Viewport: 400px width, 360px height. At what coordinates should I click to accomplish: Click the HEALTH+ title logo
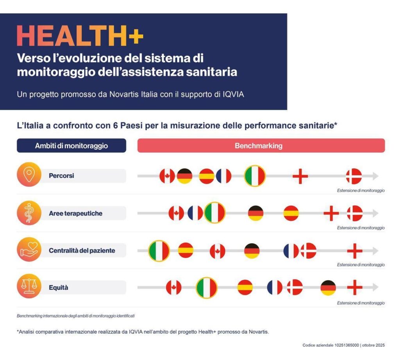point(80,36)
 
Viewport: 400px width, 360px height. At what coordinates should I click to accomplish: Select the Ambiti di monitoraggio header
point(71,146)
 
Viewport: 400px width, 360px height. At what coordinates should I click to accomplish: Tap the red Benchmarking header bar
point(261,146)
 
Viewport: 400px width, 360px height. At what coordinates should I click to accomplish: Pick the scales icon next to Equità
point(29,288)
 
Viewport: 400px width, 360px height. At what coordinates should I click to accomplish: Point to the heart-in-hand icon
point(29,250)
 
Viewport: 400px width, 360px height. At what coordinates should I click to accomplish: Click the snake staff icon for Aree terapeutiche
point(29,213)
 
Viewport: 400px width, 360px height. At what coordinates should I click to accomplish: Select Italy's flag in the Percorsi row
point(255,176)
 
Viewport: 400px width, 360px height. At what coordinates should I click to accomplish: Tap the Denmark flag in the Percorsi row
point(354,176)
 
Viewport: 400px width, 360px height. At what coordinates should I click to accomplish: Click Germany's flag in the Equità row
point(328,288)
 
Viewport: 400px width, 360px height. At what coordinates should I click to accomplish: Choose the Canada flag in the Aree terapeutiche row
point(176,213)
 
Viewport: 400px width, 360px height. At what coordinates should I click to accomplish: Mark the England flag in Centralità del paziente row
point(354,251)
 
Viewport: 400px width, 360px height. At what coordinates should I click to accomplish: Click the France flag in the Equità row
point(275,288)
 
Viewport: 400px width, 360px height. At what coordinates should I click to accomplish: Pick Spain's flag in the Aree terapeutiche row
point(291,213)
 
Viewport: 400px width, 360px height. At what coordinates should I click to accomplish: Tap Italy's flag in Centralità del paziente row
point(159,251)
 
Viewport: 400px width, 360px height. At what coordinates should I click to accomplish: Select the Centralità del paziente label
point(82,251)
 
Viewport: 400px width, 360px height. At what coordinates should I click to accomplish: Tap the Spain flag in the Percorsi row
point(207,176)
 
